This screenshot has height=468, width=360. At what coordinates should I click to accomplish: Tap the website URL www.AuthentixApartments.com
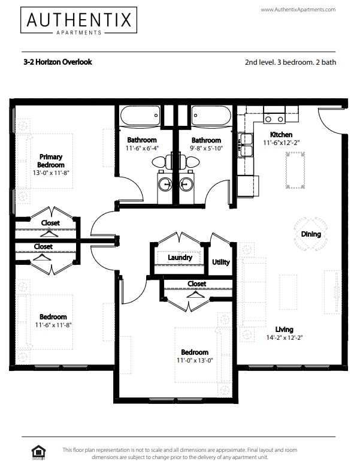(298, 10)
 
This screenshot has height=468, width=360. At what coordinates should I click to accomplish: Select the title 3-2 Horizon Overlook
(58, 62)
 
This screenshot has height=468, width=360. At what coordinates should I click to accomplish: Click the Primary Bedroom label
(51, 161)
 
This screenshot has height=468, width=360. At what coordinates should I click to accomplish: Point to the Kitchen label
(281, 135)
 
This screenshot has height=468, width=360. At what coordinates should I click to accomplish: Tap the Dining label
(310, 234)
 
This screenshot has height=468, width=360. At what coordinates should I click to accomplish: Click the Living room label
(284, 329)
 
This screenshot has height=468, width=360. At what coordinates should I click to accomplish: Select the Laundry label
(180, 258)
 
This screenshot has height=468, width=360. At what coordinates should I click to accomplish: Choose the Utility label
(221, 262)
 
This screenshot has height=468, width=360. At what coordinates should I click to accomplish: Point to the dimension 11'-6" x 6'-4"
(141, 148)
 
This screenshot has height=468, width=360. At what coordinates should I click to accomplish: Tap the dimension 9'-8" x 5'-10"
(206, 148)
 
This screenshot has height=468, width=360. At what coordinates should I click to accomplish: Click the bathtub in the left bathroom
(140, 115)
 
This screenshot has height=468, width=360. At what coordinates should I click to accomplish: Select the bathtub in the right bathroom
(211, 115)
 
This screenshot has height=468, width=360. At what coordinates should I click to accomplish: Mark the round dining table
(310, 234)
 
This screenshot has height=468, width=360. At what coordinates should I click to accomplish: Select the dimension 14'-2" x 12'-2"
(284, 338)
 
